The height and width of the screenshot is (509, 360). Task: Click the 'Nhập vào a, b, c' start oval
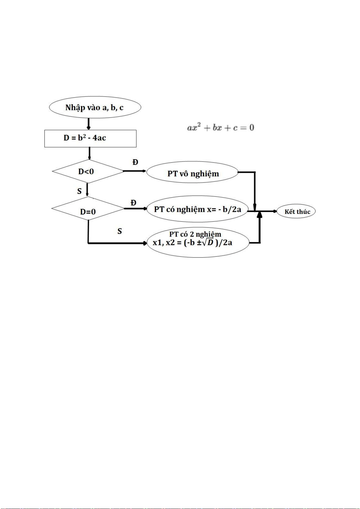[95, 108]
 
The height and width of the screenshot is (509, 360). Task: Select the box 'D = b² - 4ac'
[90, 138]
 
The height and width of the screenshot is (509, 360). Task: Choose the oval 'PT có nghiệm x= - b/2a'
[198, 209]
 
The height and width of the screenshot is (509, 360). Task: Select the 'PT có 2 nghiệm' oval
[198, 242]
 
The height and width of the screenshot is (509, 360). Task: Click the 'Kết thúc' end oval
[297, 211]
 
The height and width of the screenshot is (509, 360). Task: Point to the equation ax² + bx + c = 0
[221, 127]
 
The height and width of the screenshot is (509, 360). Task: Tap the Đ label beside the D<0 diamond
[135, 162]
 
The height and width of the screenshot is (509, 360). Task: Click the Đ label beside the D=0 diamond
[133, 203]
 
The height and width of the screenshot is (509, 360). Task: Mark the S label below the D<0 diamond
[79, 191]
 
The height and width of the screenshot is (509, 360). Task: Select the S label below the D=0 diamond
[120, 231]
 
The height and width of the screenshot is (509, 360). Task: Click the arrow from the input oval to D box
[89, 124]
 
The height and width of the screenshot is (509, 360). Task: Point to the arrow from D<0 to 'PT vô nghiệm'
[135, 171]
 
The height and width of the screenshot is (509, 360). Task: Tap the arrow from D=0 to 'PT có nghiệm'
[135, 208]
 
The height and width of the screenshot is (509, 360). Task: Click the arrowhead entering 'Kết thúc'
[275, 211]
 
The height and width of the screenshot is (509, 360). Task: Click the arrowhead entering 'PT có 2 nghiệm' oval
[145, 243]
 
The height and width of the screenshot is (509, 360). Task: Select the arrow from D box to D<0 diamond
[89, 153]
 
